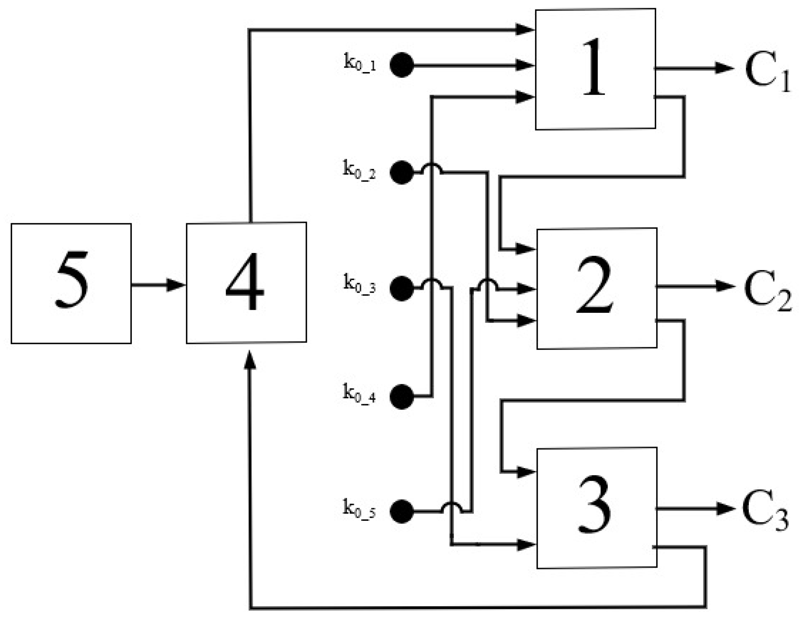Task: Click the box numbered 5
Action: [71, 283]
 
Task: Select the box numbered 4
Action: [246, 282]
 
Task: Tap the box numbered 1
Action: [595, 69]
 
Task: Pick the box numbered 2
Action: [596, 288]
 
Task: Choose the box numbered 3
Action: [596, 508]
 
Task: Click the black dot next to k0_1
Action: [401, 65]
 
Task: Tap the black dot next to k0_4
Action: [401, 397]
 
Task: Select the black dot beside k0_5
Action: [401, 512]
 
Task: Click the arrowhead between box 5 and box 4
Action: [175, 285]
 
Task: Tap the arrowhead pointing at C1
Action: [724, 68]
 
